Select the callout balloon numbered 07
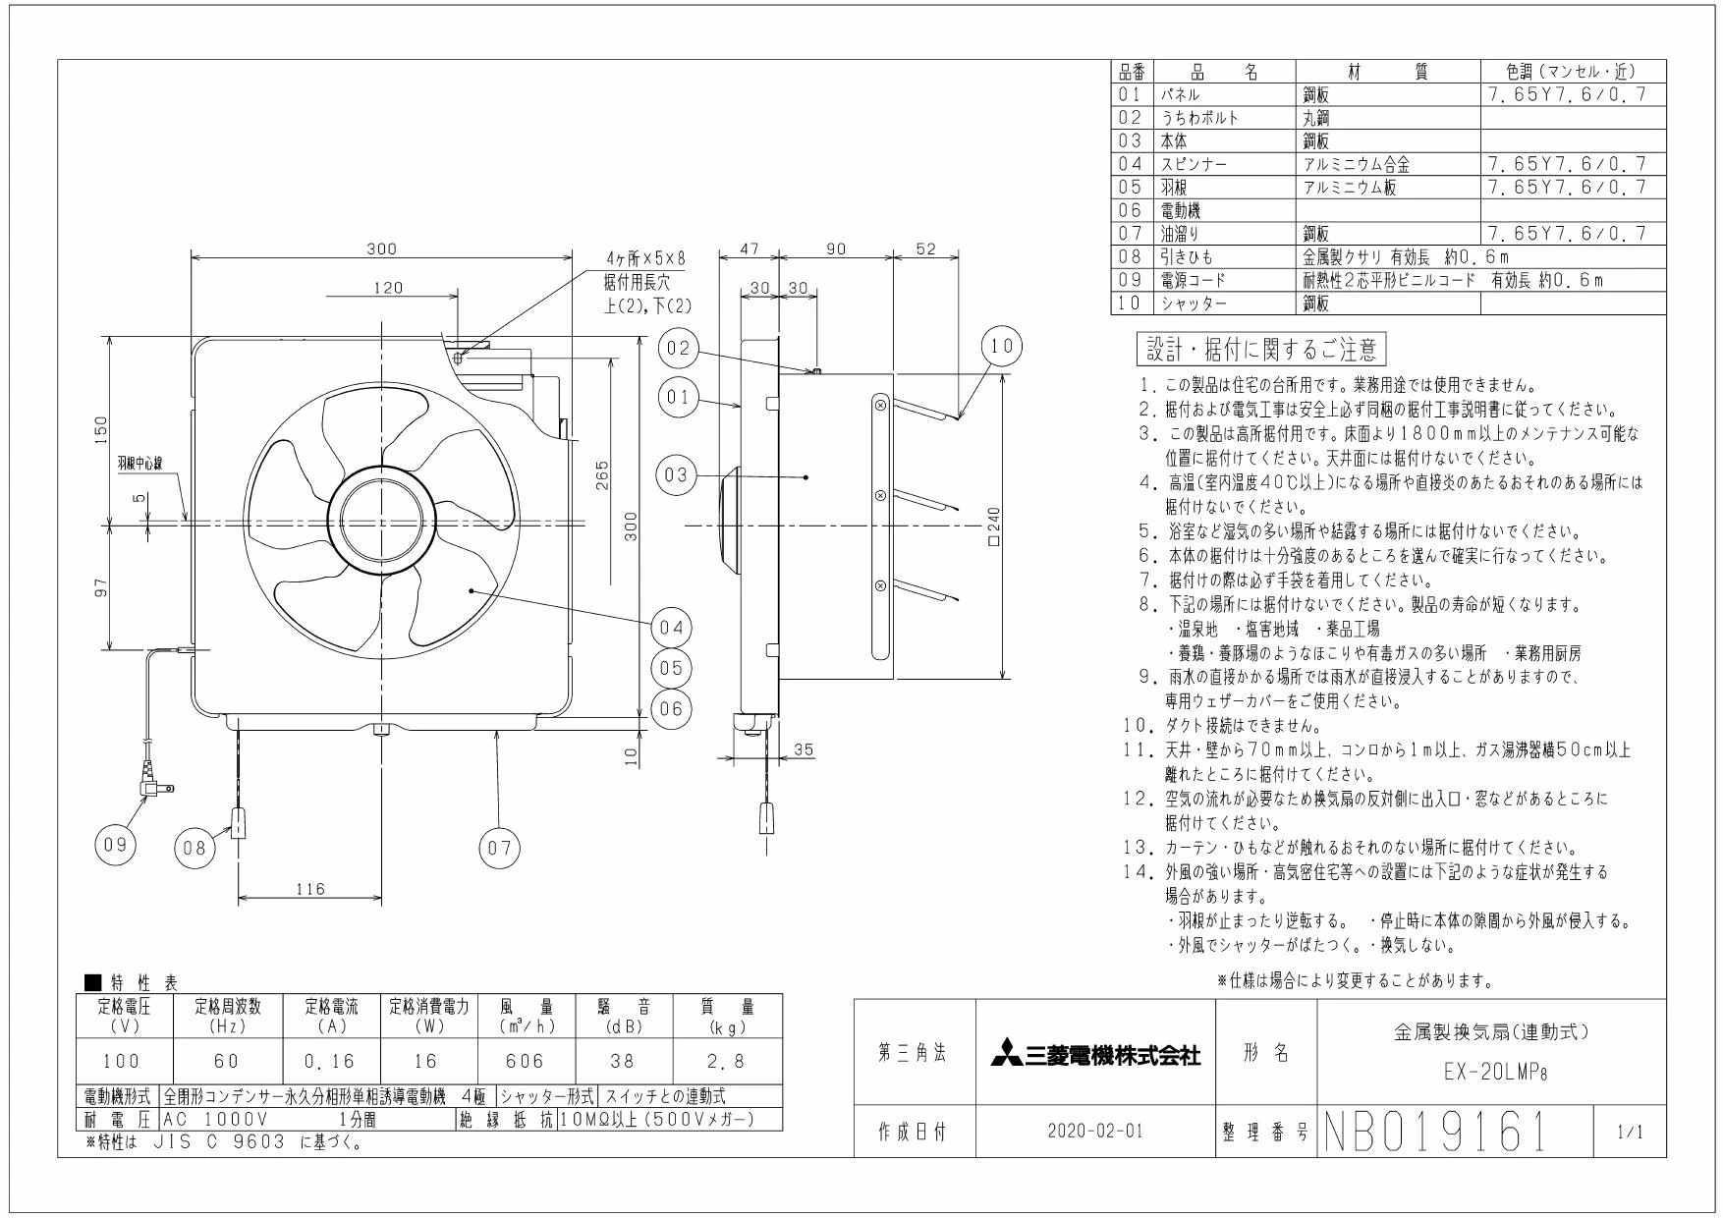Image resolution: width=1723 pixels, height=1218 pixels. point(499,847)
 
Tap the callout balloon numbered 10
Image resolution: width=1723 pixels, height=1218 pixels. point(1002,346)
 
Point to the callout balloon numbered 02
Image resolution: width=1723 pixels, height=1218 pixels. point(679,349)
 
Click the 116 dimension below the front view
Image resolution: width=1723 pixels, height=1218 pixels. point(310,890)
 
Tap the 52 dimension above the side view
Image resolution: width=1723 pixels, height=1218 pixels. point(925,249)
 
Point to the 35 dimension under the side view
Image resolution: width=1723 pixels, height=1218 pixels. point(804,749)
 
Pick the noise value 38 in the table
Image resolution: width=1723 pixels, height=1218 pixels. point(622,1061)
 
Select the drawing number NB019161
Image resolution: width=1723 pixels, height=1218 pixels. point(1436,1133)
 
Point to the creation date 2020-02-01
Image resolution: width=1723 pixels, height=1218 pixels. point(1095,1132)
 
